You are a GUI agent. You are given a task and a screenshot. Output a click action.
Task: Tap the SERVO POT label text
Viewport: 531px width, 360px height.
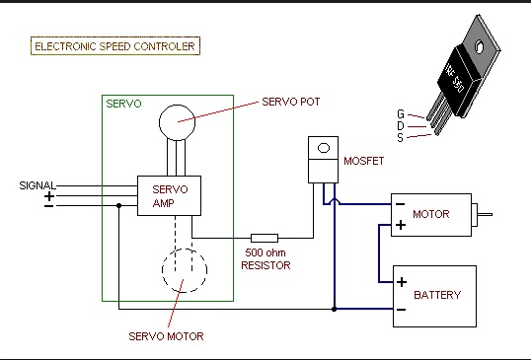291,102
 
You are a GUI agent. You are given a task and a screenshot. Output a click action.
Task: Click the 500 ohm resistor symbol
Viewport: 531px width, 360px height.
265,238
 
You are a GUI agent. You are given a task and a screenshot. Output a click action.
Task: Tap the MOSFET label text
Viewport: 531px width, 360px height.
364,161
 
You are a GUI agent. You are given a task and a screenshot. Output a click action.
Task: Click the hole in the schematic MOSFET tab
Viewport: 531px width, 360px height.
324,148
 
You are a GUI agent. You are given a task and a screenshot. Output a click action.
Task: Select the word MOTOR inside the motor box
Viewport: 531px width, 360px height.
431,214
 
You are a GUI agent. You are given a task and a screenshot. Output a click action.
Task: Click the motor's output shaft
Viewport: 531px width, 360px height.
485,214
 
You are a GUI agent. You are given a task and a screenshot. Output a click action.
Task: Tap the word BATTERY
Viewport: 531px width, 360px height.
437,295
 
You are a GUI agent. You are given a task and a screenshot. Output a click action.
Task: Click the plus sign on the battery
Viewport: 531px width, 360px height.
402,282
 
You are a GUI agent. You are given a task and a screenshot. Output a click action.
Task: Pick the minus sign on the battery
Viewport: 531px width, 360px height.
402,310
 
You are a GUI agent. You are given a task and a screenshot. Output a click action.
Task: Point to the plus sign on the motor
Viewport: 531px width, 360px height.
401,225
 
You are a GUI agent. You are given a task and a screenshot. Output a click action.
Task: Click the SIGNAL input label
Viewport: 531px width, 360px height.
38,185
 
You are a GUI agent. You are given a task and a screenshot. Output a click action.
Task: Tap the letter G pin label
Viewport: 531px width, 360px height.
401,114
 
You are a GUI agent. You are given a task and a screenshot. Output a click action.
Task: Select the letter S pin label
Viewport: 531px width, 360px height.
401,138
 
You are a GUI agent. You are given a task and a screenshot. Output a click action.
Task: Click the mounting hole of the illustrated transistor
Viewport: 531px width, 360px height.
480,46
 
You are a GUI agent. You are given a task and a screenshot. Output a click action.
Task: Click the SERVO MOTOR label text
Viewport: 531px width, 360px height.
166,336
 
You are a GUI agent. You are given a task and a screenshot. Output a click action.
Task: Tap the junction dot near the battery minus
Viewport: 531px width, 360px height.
334,309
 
